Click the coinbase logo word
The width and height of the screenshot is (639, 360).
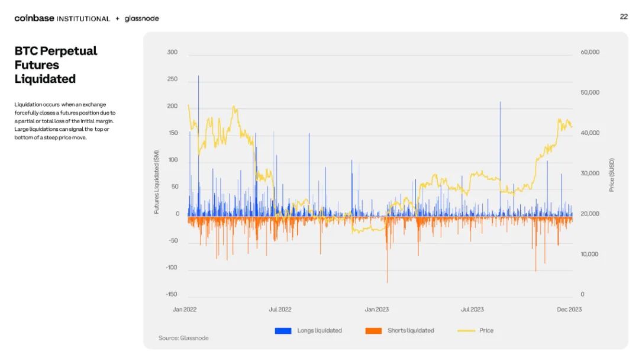click(34, 18)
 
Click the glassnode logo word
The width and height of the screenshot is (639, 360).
click(142, 18)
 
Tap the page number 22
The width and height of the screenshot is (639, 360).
click(624, 17)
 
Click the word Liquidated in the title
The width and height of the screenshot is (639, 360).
click(45, 79)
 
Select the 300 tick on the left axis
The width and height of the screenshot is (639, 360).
click(172, 52)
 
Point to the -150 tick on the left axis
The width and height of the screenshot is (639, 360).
click(171, 294)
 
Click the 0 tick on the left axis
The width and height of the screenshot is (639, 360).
click(177, 214)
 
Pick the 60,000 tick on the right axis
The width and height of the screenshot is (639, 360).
click(590, 52)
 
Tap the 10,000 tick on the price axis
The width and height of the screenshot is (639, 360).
click(590, 254)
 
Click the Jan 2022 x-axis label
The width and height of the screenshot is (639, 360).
click(185, 310)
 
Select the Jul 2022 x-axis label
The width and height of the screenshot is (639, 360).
click(280, 310)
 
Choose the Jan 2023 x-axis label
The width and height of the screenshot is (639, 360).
click(376, 310)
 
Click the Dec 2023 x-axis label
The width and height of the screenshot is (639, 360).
click(569, 310)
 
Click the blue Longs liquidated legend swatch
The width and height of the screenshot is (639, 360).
click(283, 330)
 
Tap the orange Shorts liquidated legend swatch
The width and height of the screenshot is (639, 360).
click(374, 330)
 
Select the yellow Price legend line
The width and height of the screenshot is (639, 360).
click(466, 330)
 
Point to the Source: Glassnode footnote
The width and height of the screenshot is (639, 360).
click(183, 338)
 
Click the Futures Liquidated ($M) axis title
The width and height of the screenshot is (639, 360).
click(156, 182)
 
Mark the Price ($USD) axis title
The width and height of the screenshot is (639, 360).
click(611, 175)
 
